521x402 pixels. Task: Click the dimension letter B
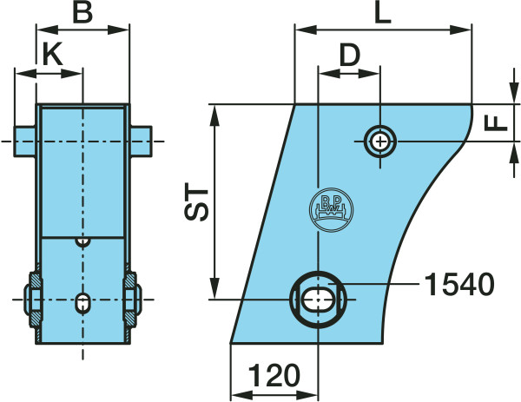[82, 13]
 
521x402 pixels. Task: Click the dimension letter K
[53, 54]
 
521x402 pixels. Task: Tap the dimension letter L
[383, 13]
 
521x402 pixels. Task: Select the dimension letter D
[350, 55]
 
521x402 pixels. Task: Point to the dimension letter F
[496, 122]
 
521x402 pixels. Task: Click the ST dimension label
[196, 201]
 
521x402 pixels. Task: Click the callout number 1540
[459, 284]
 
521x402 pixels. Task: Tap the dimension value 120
[274, 375]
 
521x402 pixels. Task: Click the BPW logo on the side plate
[332, 209]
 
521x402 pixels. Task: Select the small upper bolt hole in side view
[380, 142]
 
